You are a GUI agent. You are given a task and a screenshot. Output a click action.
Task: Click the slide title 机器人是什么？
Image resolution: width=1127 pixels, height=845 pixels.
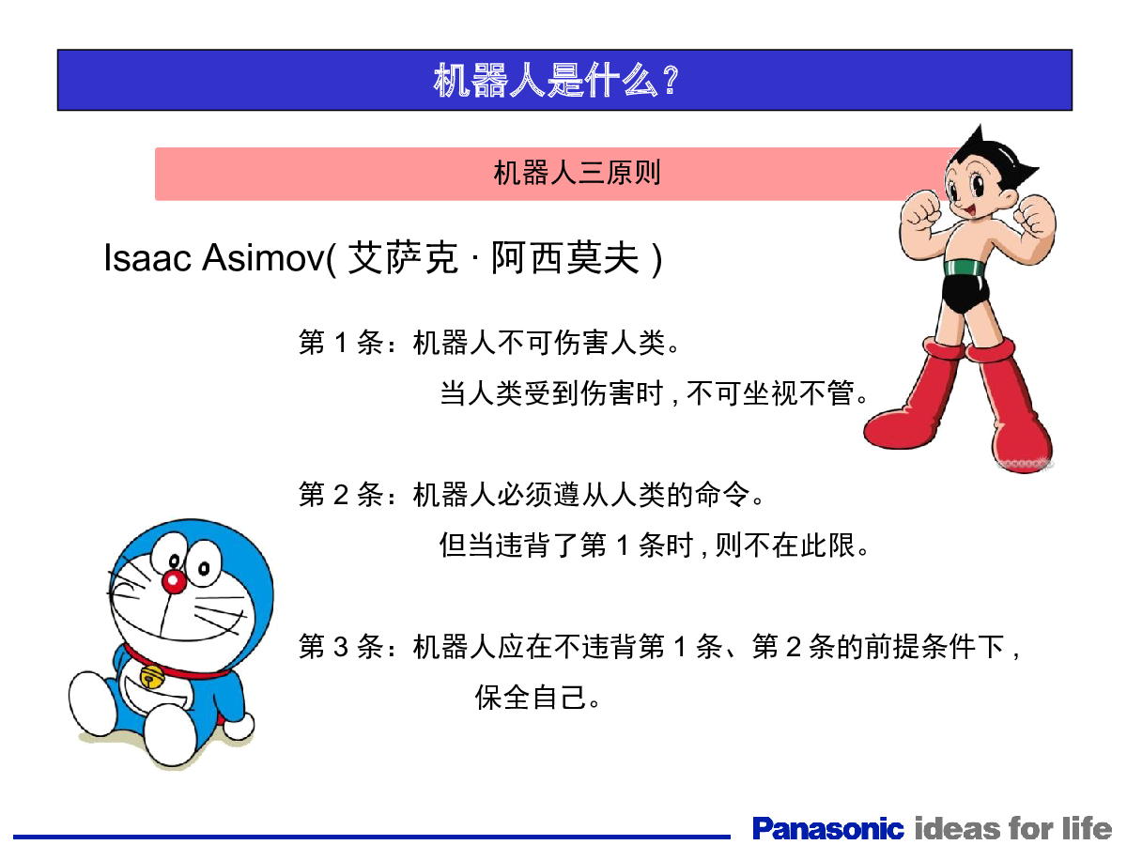(557, 80)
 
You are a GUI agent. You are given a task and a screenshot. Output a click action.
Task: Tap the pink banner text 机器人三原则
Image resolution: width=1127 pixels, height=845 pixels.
(577, 173)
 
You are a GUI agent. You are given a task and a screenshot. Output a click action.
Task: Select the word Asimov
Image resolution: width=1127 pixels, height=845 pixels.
(263, 257)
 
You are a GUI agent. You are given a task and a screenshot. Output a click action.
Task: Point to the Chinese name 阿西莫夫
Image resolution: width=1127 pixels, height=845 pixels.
(564, 257)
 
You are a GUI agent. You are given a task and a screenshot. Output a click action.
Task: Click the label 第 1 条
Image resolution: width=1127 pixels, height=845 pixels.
(341, 342)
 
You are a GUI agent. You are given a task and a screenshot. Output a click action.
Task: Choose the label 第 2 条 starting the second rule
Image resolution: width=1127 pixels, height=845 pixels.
(341, 494)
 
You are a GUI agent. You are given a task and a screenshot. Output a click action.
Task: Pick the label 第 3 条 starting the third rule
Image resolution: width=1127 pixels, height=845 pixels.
(341, 646)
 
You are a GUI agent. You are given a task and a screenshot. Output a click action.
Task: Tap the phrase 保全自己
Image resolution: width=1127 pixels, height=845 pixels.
(531, 697)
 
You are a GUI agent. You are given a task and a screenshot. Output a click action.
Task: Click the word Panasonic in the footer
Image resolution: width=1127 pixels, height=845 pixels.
(827, 829)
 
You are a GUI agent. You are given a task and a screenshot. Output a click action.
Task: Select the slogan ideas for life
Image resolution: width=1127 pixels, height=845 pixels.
(1013, 828)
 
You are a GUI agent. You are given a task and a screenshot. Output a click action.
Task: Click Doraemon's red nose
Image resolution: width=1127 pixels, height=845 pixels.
(174, 581)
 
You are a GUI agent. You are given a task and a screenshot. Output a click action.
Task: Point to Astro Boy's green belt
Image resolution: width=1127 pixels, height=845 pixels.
(965, 268)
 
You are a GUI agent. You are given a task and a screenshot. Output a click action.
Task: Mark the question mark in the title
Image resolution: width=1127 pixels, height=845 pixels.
(672, 80)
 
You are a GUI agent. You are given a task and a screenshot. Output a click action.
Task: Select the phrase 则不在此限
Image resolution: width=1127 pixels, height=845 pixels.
(784, 545)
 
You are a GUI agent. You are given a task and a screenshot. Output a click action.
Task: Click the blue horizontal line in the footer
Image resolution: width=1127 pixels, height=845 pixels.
(371, 837)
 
